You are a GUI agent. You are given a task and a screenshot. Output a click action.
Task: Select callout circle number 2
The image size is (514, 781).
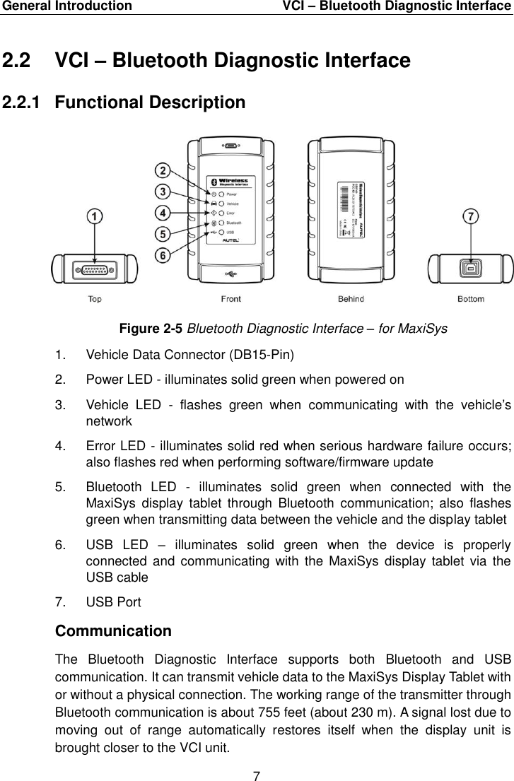pos(163,170)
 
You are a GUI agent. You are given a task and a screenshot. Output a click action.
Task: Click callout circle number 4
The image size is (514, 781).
pos(163,212)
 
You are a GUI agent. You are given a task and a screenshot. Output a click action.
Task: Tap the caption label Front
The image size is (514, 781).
pos(230,299)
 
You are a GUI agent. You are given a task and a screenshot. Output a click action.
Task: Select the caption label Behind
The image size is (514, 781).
pos(351,299)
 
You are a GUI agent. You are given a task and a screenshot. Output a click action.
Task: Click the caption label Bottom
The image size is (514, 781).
pos(471,299)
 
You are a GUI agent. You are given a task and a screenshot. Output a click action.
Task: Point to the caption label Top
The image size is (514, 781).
pos(94,299)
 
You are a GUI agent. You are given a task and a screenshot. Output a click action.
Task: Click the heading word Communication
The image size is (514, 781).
pos(112,630)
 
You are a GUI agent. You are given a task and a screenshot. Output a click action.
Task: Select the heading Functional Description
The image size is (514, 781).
pos(150,102)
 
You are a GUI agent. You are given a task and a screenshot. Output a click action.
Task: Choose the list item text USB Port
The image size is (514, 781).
pos(113,602)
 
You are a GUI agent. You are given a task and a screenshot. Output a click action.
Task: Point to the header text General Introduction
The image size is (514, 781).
pos(66,6)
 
